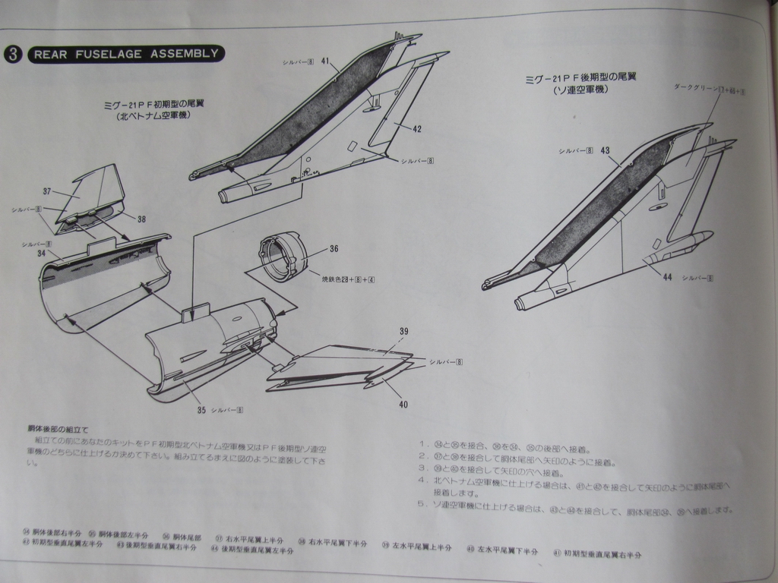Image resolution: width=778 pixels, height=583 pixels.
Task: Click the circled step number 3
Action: pos(12,54)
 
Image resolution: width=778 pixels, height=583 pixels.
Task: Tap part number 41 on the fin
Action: pos(324,61)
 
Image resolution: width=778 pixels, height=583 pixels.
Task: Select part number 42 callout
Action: pos(416,129)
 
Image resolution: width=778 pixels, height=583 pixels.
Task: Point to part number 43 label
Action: pos(605,150)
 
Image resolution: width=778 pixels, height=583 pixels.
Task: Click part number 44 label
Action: pos(667,277)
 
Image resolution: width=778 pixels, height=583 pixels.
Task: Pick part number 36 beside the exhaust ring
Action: pos(334,249)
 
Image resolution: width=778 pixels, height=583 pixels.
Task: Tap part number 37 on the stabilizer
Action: pos(47,191)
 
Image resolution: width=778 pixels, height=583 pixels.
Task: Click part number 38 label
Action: pos(141,219)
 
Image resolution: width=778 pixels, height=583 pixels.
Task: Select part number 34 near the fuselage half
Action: pos(41,253)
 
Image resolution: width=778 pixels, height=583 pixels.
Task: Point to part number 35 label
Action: pos(201,410)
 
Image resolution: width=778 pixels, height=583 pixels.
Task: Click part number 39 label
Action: pos(403,332)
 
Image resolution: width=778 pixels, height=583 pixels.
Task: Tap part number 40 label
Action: pos(403,404)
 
